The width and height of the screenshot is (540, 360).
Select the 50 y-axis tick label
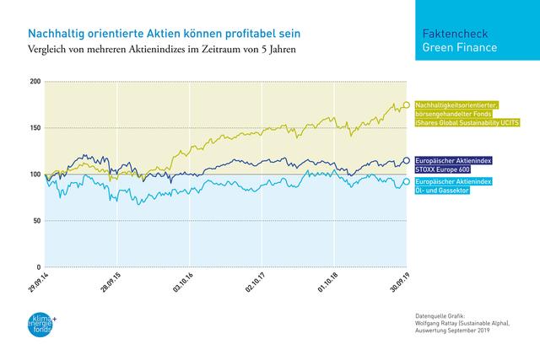[35, 221]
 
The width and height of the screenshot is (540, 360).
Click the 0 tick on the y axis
[38, 267]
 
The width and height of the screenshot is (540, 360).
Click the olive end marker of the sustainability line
[407, 105]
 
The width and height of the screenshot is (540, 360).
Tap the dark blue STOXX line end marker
[407, 160]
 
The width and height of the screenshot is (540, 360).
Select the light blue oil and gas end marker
[407, 181]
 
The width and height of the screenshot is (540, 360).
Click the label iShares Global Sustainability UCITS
[467, 123]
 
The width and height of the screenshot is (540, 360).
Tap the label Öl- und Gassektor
[443, 191]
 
